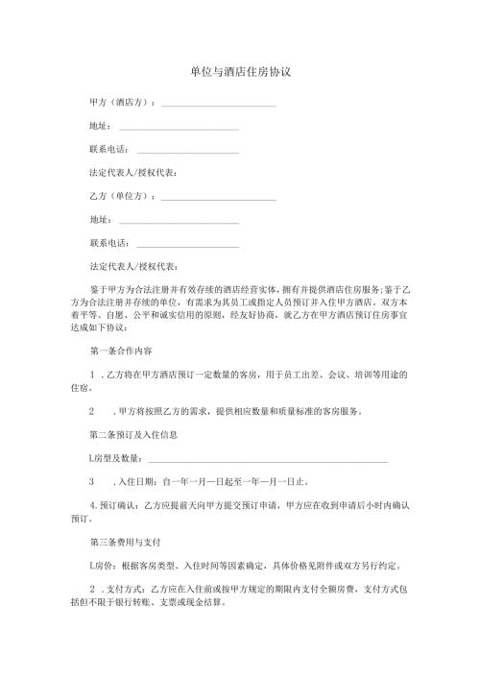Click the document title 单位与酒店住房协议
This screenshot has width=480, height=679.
tap(240, 72)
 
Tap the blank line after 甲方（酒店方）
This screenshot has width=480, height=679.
tap(220, 106)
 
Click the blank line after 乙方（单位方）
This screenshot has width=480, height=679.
tap(220, 199)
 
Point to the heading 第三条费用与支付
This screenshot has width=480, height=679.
tap(125, 542)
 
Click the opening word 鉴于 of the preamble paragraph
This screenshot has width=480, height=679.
tap(96, 288)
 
